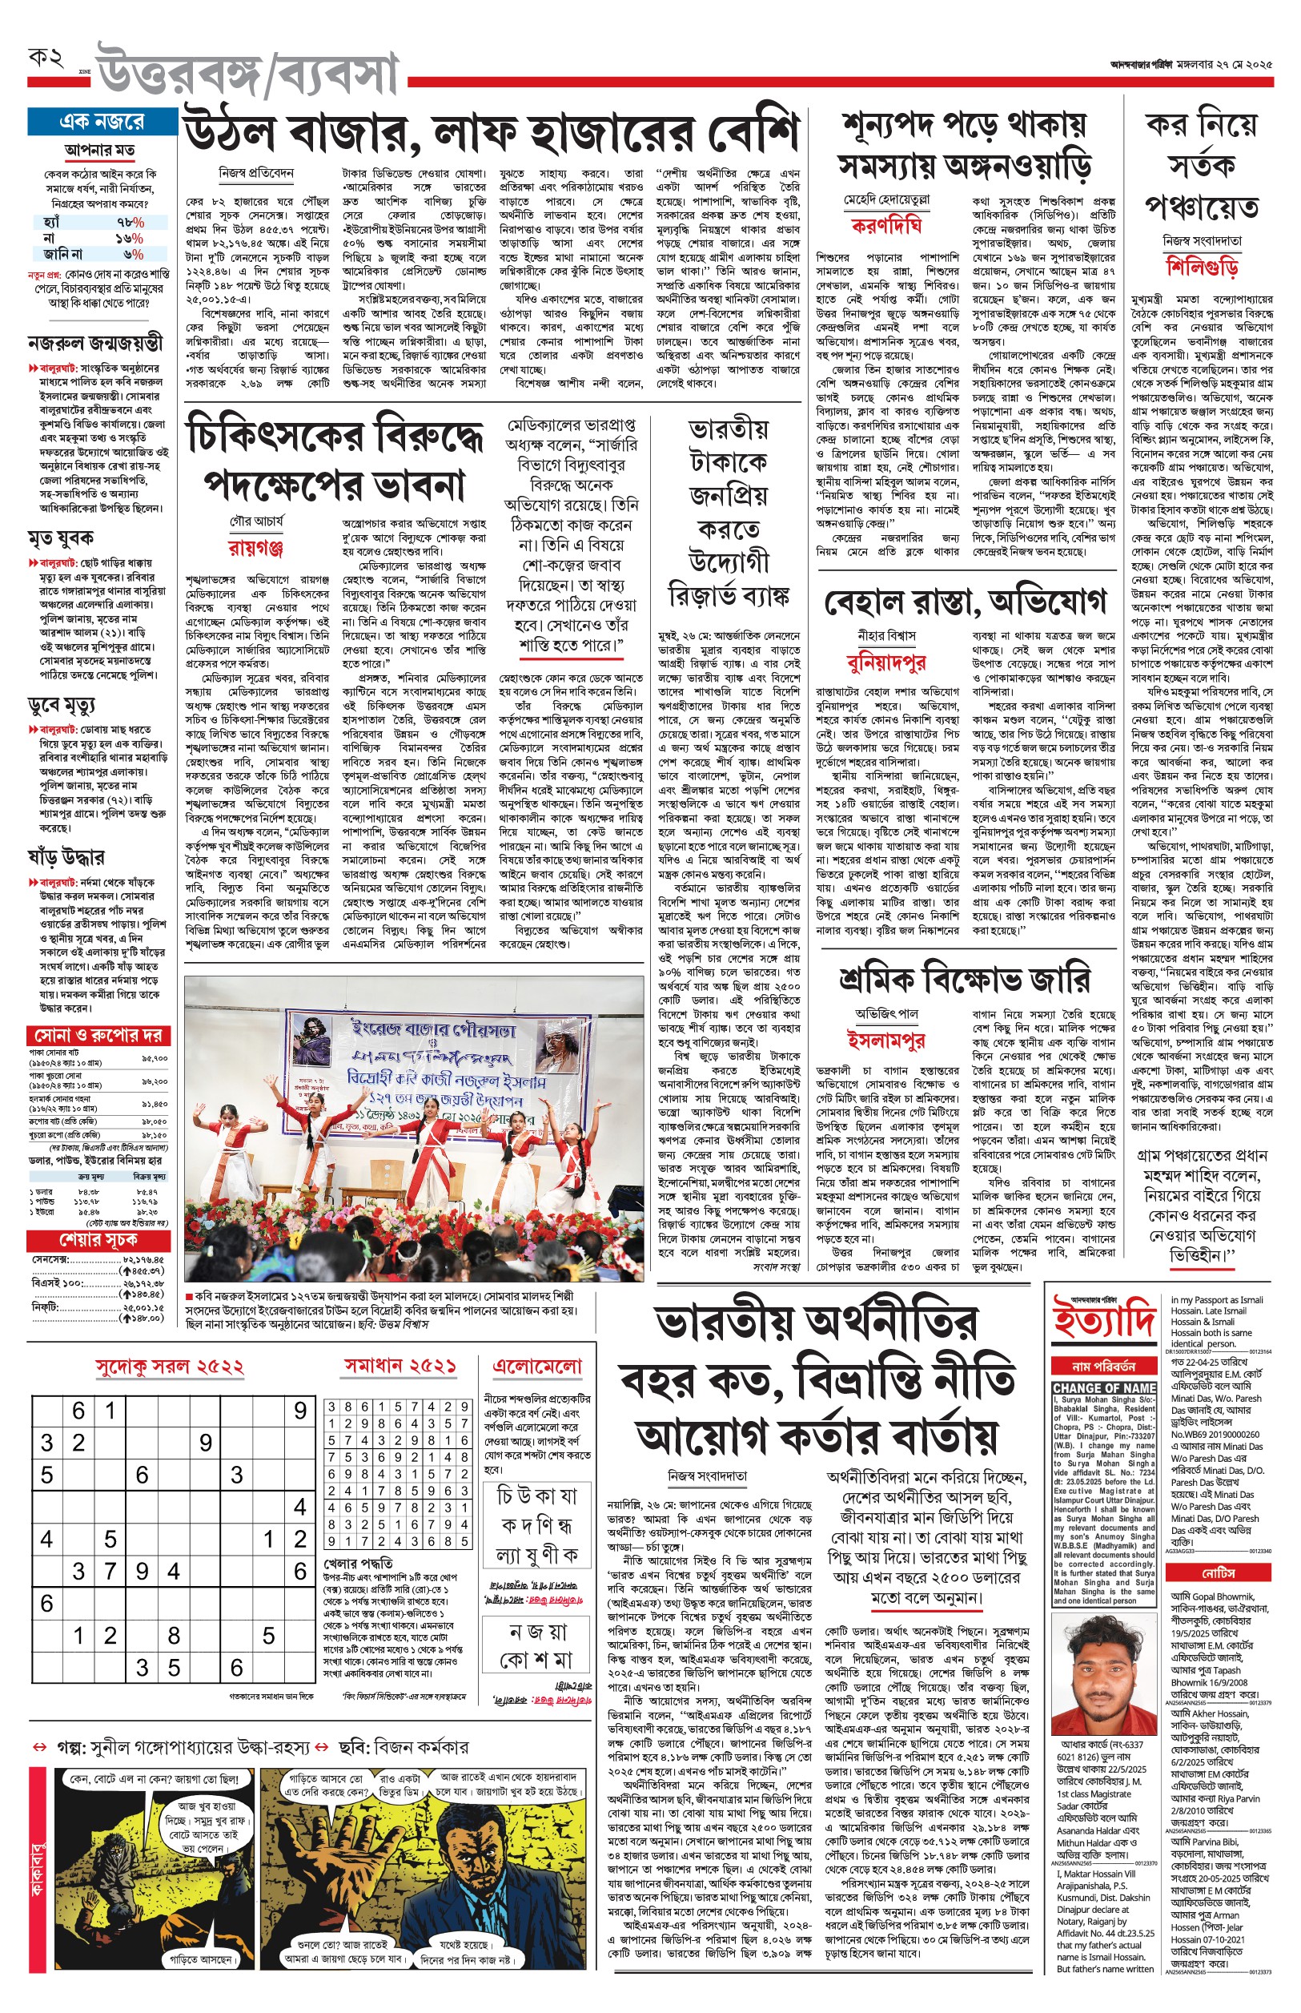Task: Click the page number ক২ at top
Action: [x=46, y=59]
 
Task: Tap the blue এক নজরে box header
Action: [x=102, y=122]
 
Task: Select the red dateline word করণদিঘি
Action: [x=886, y=226]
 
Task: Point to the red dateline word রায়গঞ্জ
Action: [x=255, y=548]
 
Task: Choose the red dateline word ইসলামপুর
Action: [x=885, y=1040]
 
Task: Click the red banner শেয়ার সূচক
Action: [x=98, y=1240]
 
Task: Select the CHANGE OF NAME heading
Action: [x=1104, y=1388]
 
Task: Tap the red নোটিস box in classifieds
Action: [x=1219, y=1572]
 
